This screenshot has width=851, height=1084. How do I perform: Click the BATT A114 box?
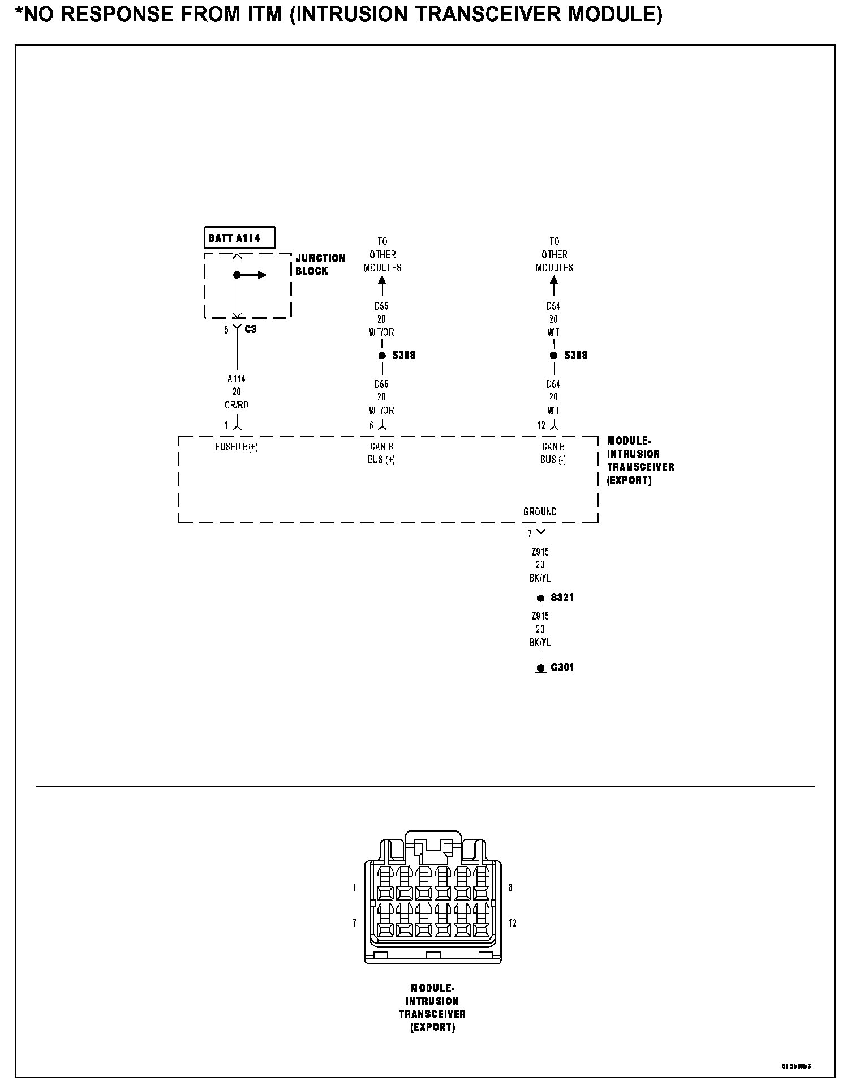239,238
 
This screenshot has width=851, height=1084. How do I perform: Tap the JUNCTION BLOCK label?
320,264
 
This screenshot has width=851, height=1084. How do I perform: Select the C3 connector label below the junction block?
251,329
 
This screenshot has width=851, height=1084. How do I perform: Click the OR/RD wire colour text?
237,405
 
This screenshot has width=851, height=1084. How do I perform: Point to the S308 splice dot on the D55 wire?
382,355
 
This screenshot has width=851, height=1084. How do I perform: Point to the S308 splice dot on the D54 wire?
554,355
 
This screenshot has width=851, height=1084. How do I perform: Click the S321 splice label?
562,598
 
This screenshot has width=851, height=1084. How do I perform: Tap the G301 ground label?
562,668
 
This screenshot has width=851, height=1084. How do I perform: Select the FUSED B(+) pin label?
237,447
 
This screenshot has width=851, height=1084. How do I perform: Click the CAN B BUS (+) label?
381,453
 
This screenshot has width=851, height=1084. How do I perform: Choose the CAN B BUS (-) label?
553,453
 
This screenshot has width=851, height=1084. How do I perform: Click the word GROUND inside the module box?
540,512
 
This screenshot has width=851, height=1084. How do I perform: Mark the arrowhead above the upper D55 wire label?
382,280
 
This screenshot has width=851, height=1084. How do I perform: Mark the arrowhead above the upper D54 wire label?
554,280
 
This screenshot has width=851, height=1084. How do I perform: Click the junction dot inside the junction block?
237,275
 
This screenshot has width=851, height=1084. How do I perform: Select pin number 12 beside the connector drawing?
513,924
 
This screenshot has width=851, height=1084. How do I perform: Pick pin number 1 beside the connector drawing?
355,888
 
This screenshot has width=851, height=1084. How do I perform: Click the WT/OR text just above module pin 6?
381,411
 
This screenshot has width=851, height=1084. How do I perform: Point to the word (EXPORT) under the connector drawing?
432,1027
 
